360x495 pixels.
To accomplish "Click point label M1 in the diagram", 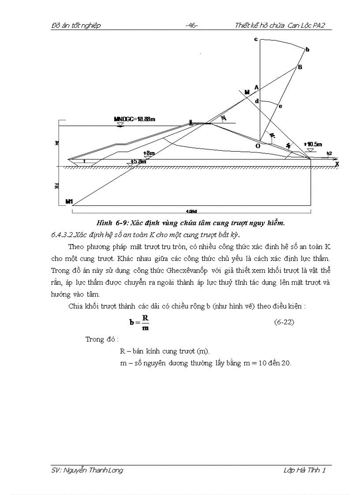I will pyautogui.click(x=69, y=201).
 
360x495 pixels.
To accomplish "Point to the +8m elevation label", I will pyautogui.click(x=149, y=153).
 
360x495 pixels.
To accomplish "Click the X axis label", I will pyautogui.click(x=337, y=164).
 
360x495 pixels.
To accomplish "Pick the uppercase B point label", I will pyautogui.click(x=300, y=67).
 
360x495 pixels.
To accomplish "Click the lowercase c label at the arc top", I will pyautogui.click(x=255, y=40).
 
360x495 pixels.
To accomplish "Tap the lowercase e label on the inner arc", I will pyautogui.click(x=281, y=106).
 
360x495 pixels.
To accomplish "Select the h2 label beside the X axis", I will pyautogui.click(x=329, y=153).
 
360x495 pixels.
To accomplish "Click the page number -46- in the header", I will pyautogui.click(x=191, y=26).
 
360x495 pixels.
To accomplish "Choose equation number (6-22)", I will pyautogui.click(x=284, y=322).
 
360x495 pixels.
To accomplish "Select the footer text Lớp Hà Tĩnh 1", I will pyautogui.click(x=304, y=470).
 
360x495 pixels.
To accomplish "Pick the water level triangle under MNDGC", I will pyautogui.click(x=120, y=125).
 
